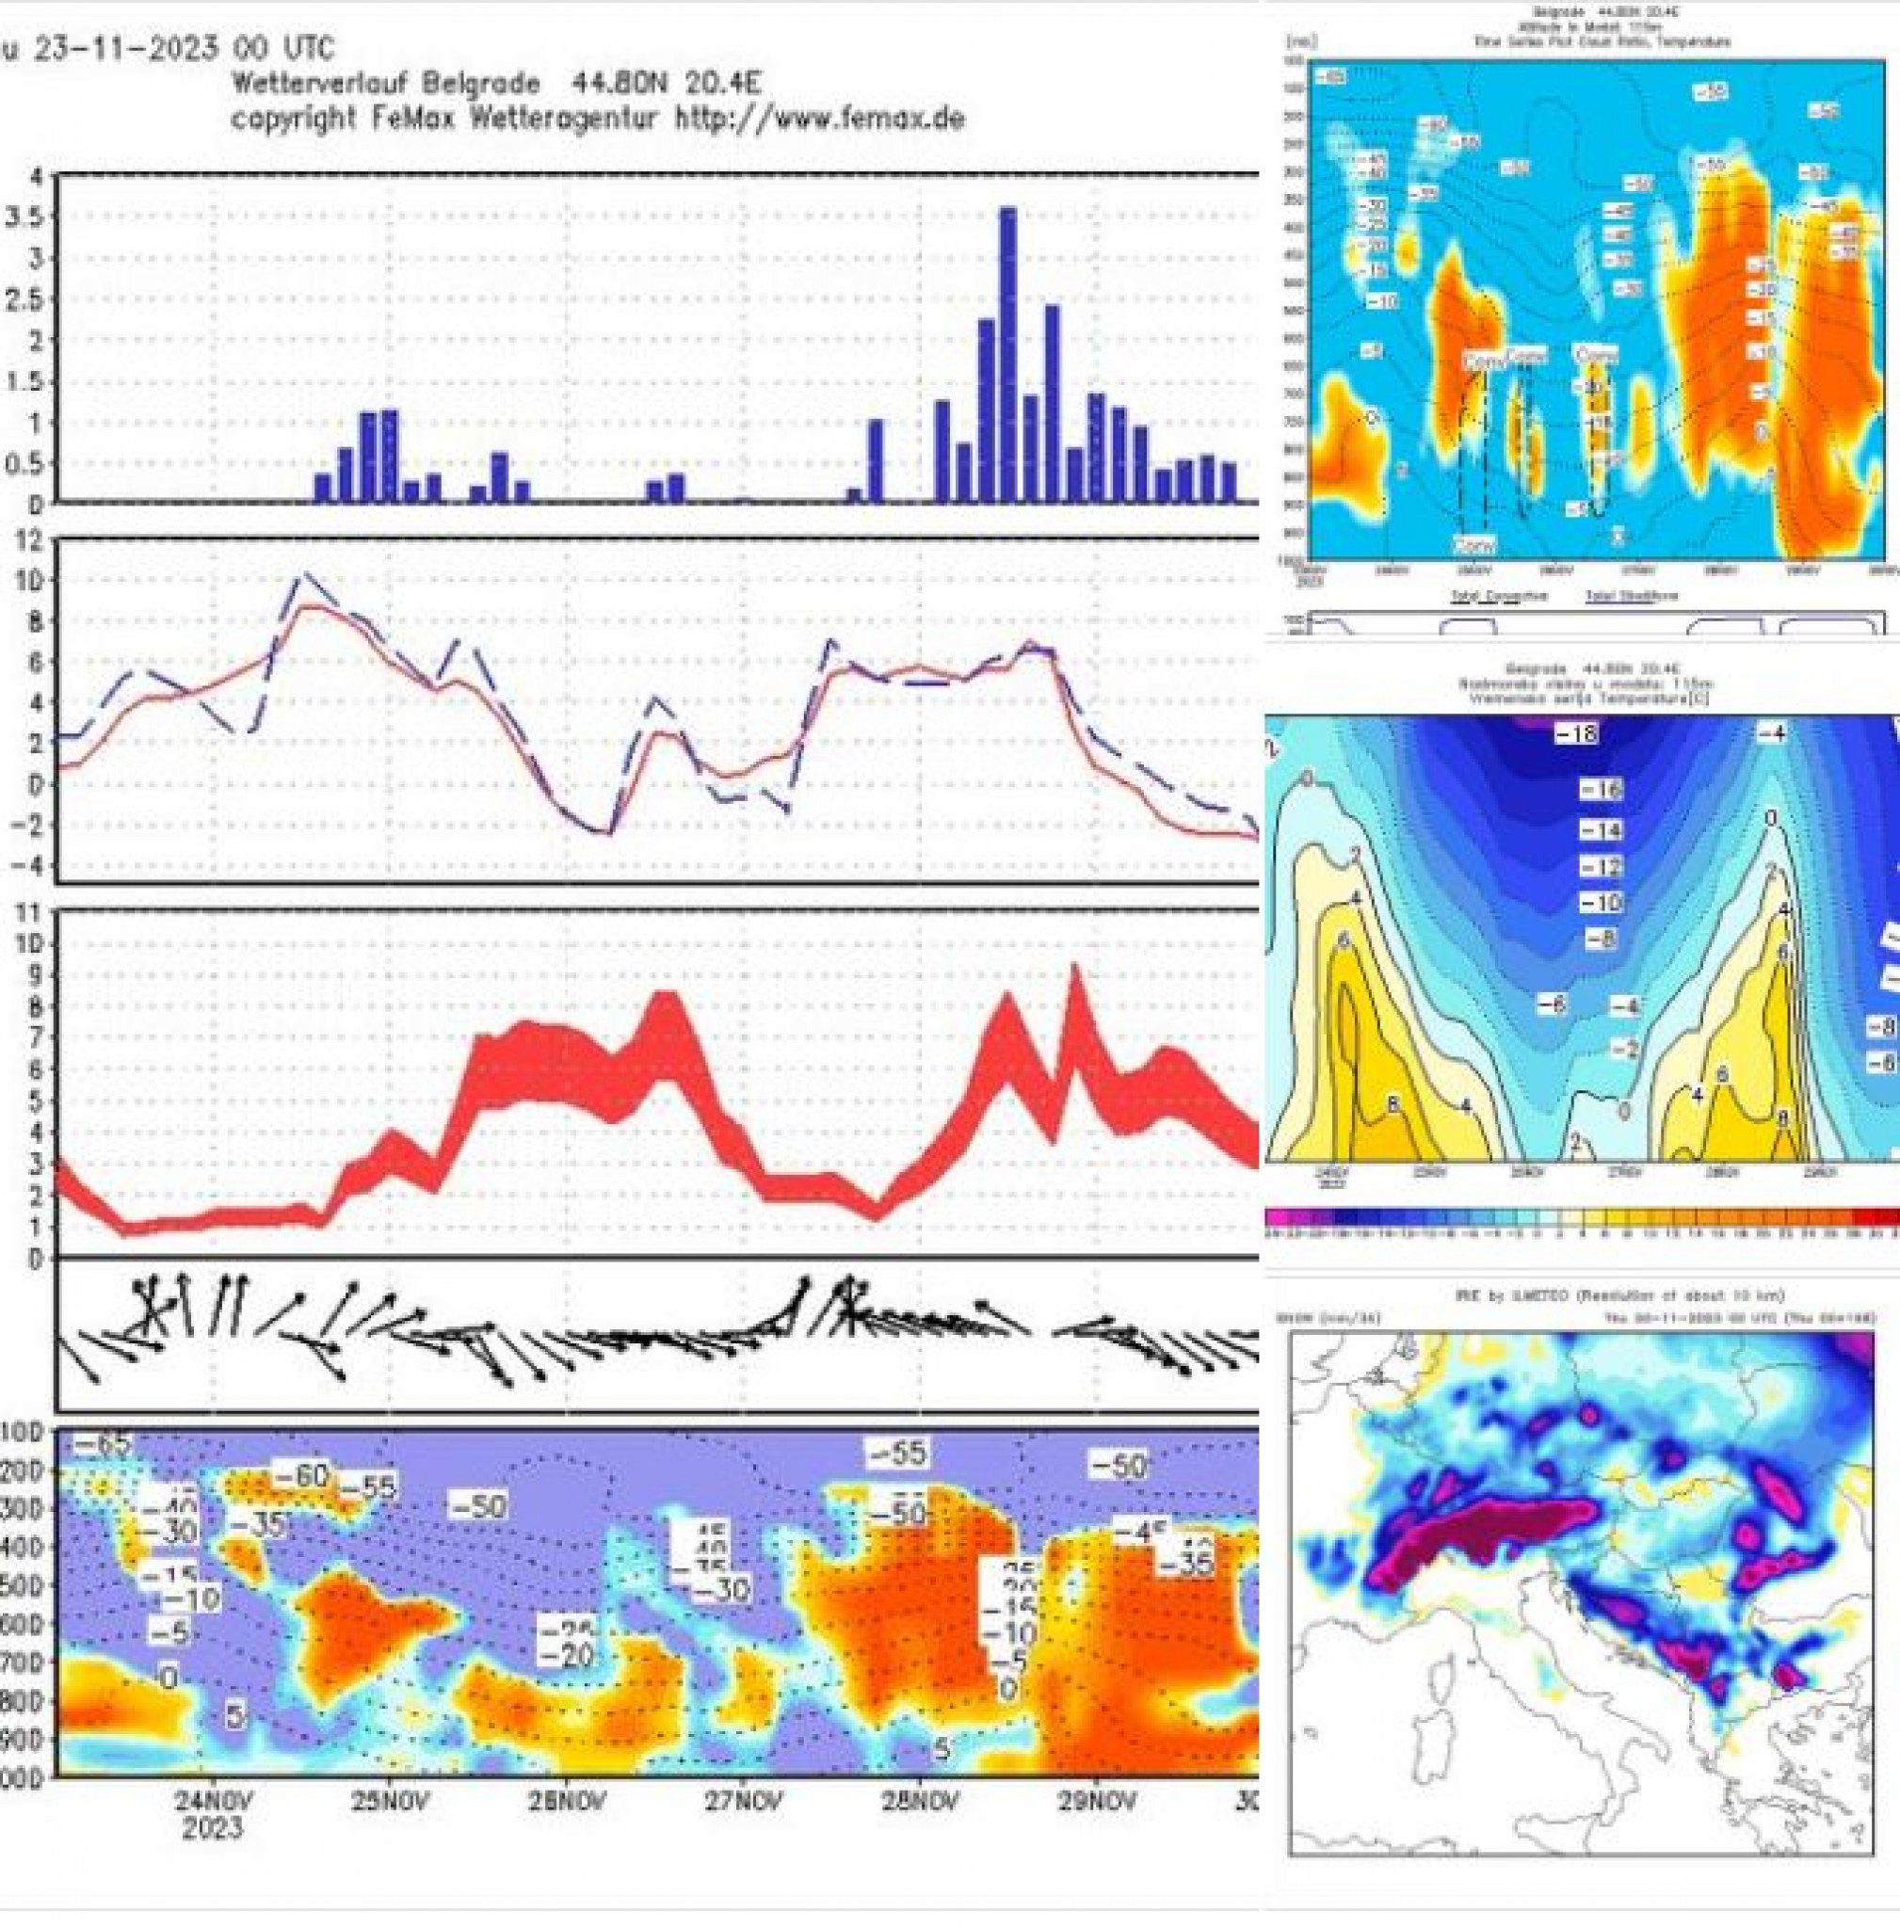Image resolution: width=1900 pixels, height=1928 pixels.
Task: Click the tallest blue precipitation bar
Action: pos(1007,354)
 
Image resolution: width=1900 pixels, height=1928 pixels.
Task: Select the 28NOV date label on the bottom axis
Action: pos(919,1801)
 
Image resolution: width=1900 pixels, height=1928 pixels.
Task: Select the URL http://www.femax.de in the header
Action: pos(819,118)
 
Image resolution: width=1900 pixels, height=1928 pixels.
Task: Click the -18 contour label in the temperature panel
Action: pos(1576,733)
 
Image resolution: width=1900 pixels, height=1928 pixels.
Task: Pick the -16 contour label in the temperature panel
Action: pos(1600,789)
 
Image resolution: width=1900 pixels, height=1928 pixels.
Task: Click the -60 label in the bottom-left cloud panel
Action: pos(299,1474)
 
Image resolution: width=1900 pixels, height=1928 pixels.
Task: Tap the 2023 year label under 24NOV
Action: pos(212,1827)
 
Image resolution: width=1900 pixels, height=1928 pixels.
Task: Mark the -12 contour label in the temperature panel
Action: pos(1600,866)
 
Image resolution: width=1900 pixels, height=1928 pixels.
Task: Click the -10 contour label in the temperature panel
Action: pos(1600,903)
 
